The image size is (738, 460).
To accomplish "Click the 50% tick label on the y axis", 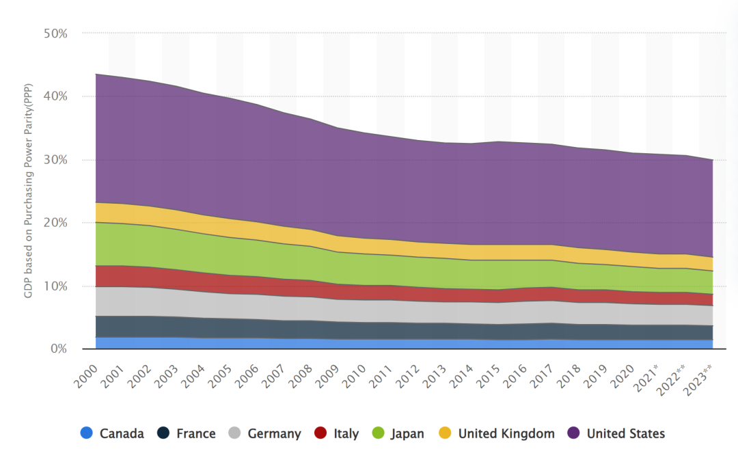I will [x=55, y=33].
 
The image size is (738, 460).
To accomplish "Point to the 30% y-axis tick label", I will [x=55, y=159].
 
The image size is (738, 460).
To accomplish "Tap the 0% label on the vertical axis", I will [x=59, y=349].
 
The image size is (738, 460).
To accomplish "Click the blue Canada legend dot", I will [x=86, y=433].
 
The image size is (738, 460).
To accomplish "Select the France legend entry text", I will [x=195, y=433].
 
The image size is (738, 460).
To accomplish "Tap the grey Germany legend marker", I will [x=234, y=433].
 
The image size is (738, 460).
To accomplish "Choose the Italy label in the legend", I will [x=346, y=433].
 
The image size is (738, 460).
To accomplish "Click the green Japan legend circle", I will [x=378, y=433].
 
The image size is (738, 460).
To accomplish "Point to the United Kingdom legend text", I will [x=506, y=433].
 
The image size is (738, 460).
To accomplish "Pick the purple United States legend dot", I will [x=574, y=433].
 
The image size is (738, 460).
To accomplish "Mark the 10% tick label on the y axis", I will [x=55, y=286].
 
